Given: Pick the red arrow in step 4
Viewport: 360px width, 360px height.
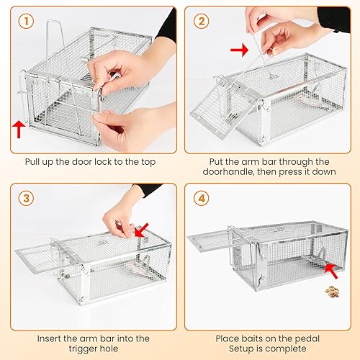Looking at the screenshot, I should (x=332, y=271).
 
